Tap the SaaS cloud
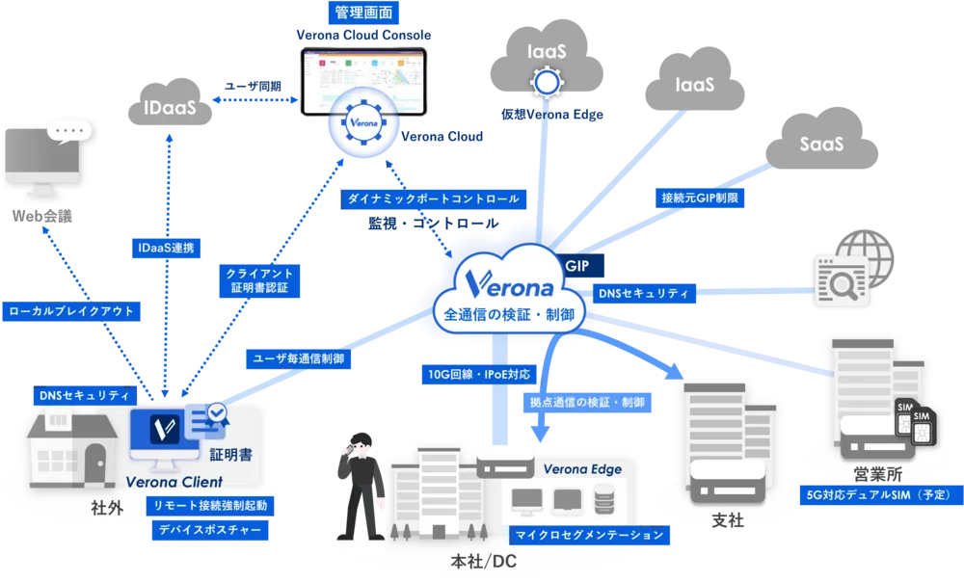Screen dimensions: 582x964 point(821,145)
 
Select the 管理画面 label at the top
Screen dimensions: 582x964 point(362,13)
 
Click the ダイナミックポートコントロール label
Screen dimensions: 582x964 point(433,199)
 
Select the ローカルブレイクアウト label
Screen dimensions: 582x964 point(72,311)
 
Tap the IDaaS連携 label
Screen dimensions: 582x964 point(165,248)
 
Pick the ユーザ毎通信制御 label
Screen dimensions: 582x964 point(297,357)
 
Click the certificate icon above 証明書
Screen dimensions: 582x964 point(204,420)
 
